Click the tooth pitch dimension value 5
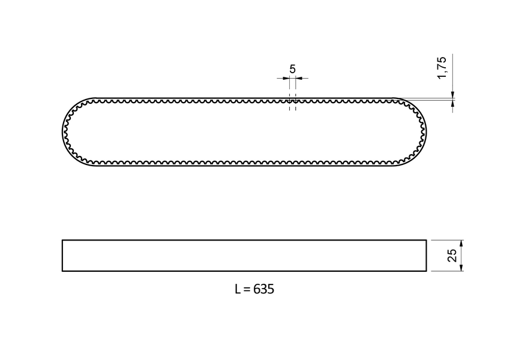[292, 69]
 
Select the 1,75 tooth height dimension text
[442, 68]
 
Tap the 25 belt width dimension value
[452, 256]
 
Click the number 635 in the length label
[263, 289]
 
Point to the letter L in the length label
[238, 289]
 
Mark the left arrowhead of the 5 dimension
[286, 79]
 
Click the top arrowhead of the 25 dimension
[461, 243]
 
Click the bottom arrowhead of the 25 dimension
[461, 268]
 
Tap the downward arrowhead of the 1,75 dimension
[453, 94]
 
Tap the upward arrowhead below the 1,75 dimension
[453, 103]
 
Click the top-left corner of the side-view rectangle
[62, 240]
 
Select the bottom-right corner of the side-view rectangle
[426, 271]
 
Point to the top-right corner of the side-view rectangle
[426, 240]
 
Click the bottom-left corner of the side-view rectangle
[62, 271]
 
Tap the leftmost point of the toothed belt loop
[62, 131]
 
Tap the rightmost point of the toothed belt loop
[427, 131]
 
